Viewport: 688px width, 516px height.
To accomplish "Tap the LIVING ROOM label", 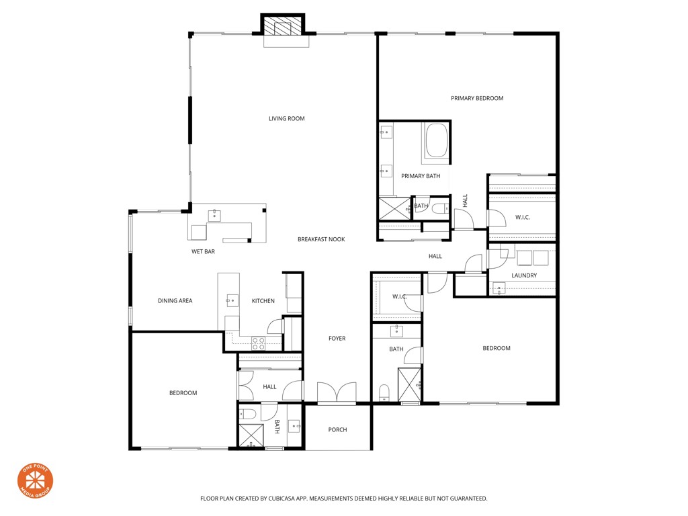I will pyautogui.click(x=287, y=119).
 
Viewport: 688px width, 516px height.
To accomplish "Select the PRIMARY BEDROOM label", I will pyautogui.click(x=477, y=99).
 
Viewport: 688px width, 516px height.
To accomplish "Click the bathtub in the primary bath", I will pyautogui.click(x=436, y=141).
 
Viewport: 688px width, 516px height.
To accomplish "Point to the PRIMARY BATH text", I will pyautogui.click(x=421, y=176).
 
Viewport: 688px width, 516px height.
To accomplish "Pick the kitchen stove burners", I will pyautogui.click(x=258, y=342).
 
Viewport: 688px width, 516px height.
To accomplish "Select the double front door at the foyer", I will pyautogui.click(x=337, y=392).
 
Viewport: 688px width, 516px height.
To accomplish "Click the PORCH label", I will pyautogui.click(x=337, y=430).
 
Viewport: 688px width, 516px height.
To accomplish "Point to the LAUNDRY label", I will pyautogui.click(x=523, y=275).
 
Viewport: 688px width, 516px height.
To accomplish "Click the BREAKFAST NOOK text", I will pyautogui.click(x=321, y=239).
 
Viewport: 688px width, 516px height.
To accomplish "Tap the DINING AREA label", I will pyautogui.click(x=175, y=301).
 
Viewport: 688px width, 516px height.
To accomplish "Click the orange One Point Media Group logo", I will pyautogui.click(x=35, y=481).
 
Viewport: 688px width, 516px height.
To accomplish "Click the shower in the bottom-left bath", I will pyautogui.click(x=251, y=436).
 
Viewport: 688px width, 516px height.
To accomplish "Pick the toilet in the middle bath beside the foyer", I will pyautogui.click(x=384, y=392).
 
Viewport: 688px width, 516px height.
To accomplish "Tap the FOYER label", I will pyautogui.click(x=337, y=339).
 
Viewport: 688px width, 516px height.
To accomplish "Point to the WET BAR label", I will pyautogui.click(x=203, y=252).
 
